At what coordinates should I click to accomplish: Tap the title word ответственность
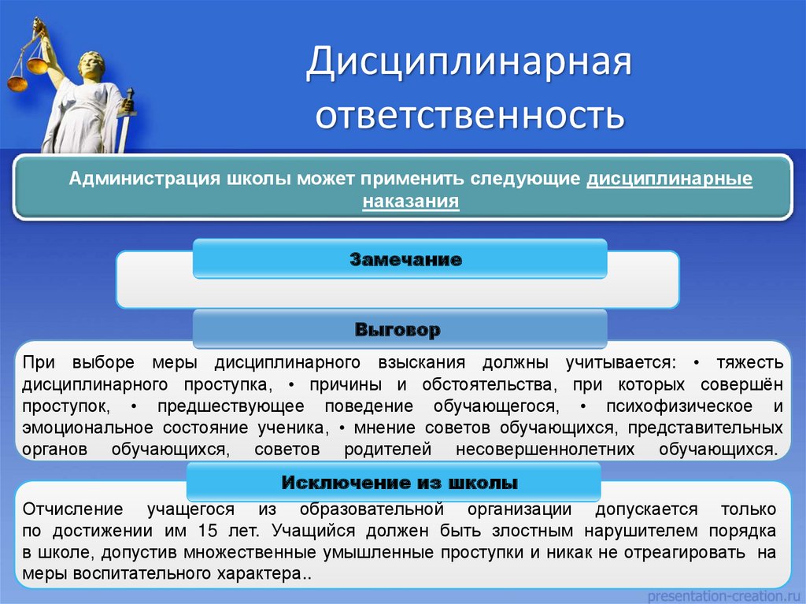point(470,114)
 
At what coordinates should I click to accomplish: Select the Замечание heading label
point(405,259)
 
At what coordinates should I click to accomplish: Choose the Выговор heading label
point(397,329)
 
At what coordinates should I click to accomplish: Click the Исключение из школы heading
point(399,482)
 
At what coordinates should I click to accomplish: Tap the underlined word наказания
point(411,201)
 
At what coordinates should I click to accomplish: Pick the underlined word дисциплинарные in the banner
point(669,179)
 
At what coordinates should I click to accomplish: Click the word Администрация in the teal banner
point(145,179)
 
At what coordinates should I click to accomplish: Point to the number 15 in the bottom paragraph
point(208,531)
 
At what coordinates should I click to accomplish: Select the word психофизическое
point(679,406)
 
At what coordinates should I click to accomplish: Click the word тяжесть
point(750,363)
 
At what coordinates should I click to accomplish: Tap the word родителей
point(387,449)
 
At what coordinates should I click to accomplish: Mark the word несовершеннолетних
point(545,449)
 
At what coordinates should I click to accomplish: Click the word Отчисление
point(72,509)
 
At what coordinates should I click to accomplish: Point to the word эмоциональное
point(87,428)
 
